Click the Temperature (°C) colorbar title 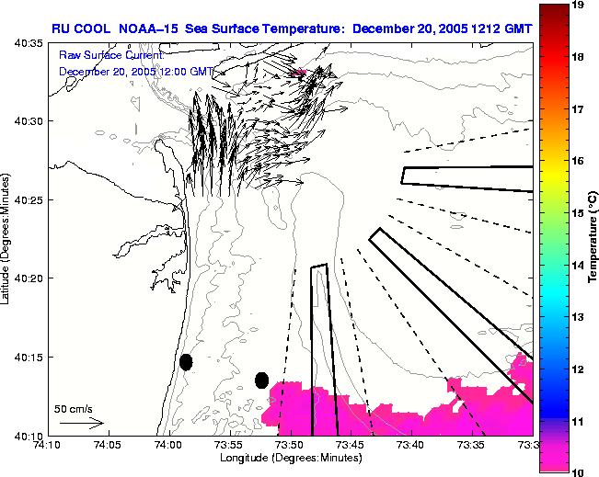pos(593,239)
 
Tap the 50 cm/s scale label pos(74,408)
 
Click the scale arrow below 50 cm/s pos(81,424)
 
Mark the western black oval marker pos(186,362)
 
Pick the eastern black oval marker pos(261,380)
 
